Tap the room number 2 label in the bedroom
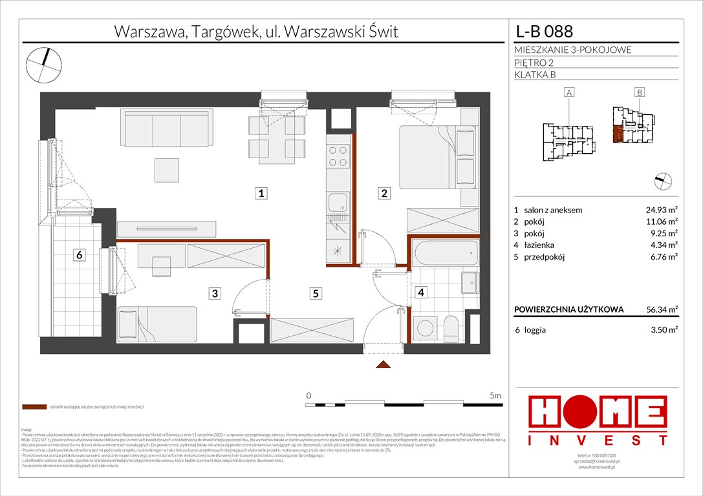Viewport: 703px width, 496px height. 384,193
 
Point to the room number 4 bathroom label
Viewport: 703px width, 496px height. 421,293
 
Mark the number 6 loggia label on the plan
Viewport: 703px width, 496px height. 79,255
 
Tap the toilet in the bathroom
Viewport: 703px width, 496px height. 451,327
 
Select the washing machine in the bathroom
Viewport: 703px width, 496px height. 424,326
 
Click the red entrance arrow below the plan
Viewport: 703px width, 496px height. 384,366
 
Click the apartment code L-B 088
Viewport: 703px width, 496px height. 543,32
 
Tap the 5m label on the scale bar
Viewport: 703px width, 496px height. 495,395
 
